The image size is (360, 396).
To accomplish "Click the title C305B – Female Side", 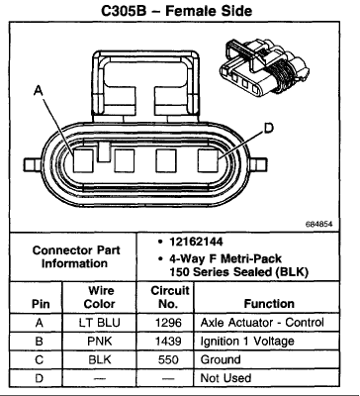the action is tap(177, 10).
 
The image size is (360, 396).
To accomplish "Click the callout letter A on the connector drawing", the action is tap(39, 90).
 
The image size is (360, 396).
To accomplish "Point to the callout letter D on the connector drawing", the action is tap(269, 128).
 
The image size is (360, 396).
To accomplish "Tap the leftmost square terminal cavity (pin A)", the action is tap(83, 160).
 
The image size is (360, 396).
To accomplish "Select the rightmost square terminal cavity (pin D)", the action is tap(209, 160).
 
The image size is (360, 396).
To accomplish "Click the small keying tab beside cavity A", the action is tap(104, 152).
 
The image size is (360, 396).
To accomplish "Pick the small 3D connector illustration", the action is tap(264, 68).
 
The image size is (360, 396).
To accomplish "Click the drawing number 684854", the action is tap(318, 225).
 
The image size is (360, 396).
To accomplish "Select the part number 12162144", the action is tap(196, 242).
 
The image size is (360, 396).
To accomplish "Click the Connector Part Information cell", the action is tap(75, 256).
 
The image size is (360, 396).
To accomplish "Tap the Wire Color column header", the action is tap(100, 297).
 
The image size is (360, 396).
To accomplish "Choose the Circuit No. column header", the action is tap(169, 297).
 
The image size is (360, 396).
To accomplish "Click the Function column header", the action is tap(269, 304).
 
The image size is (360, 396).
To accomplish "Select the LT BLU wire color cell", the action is tap(99, 323).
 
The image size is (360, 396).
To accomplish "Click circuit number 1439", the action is tap(168, 341).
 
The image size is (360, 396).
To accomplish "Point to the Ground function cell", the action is tap(221, 359).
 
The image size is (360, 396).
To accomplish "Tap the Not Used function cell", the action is tap(225, 378).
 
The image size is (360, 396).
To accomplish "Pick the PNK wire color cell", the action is tap(100, 341).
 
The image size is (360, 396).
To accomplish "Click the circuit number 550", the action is tap(168, 359).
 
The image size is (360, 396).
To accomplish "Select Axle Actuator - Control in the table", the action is tap(262, 323).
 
